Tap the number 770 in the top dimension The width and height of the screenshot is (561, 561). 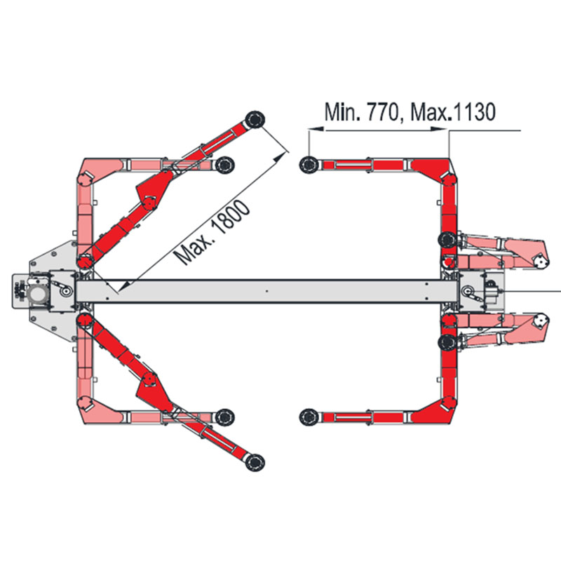[x=383, y=112]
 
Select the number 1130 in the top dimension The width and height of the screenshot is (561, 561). [x=474, y=111]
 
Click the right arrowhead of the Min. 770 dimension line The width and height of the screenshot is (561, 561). [x=440, y=129]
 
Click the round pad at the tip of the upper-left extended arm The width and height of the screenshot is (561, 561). [x=255, y=119]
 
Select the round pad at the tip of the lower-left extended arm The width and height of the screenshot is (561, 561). [x=255, y=462]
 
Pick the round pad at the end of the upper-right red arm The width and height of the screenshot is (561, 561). [x=309, y=165]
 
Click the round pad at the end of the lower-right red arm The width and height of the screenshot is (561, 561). [x=309, y=416]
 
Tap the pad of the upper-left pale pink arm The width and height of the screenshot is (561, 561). [x=224, y=165]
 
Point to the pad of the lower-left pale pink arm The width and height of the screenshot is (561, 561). [x=224, y=417]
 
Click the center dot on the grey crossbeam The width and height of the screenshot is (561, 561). [x=266, y=291]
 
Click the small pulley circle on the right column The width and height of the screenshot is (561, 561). [x=467, y=291]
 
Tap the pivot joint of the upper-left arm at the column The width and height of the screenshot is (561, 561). [x=84, y=261]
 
